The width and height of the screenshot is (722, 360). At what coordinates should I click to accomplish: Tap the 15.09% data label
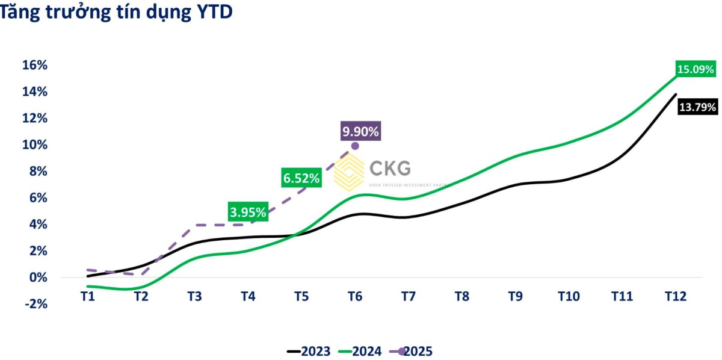696,69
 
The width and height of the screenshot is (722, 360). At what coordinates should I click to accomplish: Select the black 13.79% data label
697,108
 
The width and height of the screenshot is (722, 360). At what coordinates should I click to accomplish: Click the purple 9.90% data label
360,131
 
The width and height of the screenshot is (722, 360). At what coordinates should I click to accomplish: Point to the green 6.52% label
301,178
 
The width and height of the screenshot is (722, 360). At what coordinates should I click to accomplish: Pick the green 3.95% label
248,212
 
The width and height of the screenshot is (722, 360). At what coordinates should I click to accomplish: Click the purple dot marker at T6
355,146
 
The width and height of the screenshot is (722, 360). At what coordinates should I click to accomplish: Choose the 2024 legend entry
360,351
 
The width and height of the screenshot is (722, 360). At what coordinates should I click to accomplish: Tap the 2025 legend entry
412,351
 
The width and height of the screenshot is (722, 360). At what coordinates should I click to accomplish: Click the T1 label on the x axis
87,296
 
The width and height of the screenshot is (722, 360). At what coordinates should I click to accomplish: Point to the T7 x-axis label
409,296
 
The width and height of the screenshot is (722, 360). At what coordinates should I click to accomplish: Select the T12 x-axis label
675,296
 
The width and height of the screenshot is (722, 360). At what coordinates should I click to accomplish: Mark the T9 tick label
515,296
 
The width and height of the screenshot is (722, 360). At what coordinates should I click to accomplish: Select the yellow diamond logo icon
349,172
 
